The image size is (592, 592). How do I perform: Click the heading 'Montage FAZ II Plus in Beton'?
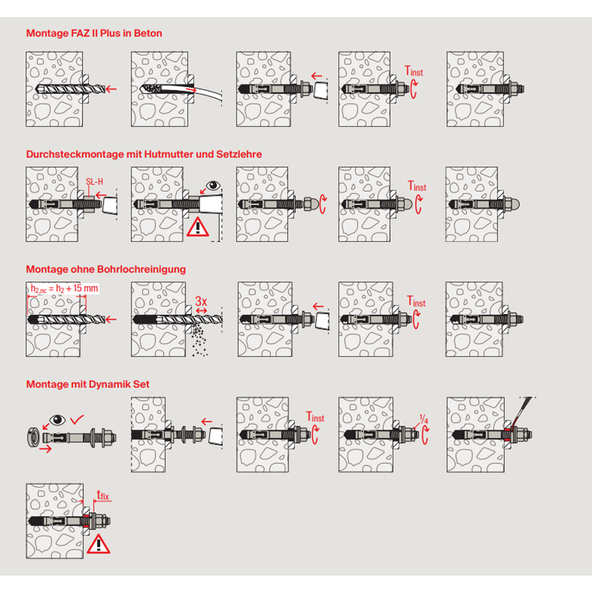(94, 33)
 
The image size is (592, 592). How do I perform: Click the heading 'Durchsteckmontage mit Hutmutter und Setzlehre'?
(144, 154)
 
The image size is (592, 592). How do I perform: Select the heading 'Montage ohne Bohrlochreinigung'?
(106, 269)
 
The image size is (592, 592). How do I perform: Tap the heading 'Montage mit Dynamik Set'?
(88, 384)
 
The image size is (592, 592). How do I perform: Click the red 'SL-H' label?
(94, 181)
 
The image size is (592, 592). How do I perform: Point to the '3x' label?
(201, 301)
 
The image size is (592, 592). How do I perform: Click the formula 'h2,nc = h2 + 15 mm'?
(64, 289)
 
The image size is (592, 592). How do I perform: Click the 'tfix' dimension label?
(103, 495)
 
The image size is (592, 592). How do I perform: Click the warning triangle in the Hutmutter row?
(198, 227)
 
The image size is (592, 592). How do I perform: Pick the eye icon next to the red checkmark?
(58, 420)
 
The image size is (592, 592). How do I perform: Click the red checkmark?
(77, 419)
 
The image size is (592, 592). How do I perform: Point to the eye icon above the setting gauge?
(213, 185)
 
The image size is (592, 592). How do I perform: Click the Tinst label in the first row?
(414, 71)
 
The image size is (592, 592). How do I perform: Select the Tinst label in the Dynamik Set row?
(315, 417)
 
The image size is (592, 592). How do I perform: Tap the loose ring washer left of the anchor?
(33, 437)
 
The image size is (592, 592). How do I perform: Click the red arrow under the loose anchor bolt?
(45, 449)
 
